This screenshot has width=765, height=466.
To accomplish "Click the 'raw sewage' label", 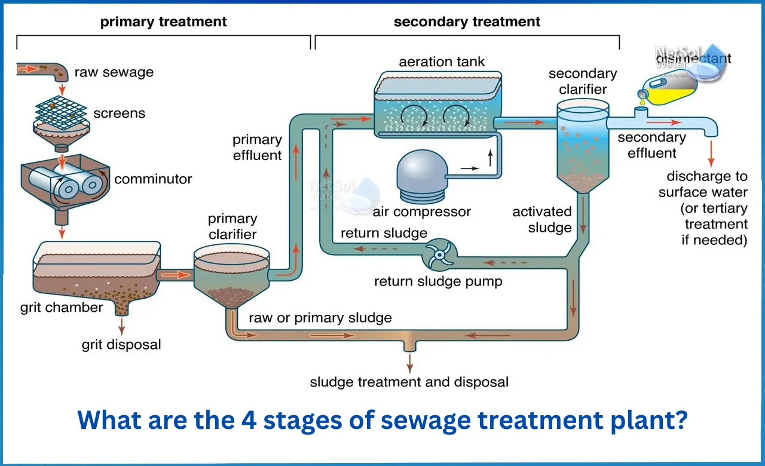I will pyautogui.click(x=114, y=73).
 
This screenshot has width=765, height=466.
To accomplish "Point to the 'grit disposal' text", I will pyautogui.click(x=121, y=345).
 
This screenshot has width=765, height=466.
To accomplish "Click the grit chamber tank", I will pyautogui.click(x=96, y=272).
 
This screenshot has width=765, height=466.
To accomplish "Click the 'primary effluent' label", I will pyautogui.click(x=257, y=148).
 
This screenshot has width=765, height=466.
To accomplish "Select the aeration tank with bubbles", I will pyautogui.click(x=436, y=105).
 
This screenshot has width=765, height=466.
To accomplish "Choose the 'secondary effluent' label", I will pyautogui.click(x=651, y=145).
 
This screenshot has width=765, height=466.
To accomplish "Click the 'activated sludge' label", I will pyautogui.click(x=541, y=219).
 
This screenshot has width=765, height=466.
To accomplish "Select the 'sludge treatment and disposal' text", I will pyautogui.click(x=409, y=382).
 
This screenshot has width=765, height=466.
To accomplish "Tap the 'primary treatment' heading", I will pyautogui.click(x=163, y=22).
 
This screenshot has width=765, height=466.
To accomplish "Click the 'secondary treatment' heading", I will pyautogui.click(x=467, y=22).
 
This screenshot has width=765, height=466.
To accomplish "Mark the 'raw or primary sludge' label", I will pyautogui.click(x=320, y=317).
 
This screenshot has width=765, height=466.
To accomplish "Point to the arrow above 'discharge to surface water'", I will pyautogui.click(x=711, y=154).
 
